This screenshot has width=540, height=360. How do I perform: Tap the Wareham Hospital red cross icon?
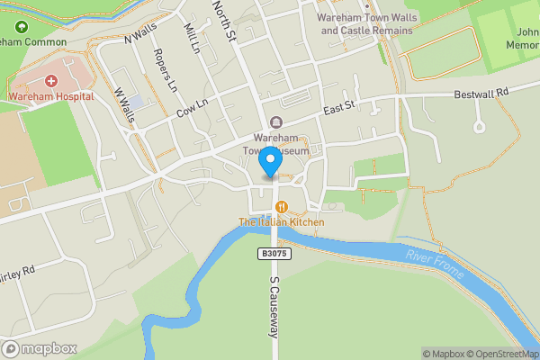click(52, 80)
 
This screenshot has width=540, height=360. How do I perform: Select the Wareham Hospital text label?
click(51, 95)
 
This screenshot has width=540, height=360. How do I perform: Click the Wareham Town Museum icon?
click(275, 121)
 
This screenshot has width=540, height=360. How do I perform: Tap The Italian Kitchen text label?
click(281, 221)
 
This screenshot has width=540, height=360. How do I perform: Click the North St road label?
click(223, 19)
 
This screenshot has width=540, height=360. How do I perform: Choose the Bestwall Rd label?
click(481, 92)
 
